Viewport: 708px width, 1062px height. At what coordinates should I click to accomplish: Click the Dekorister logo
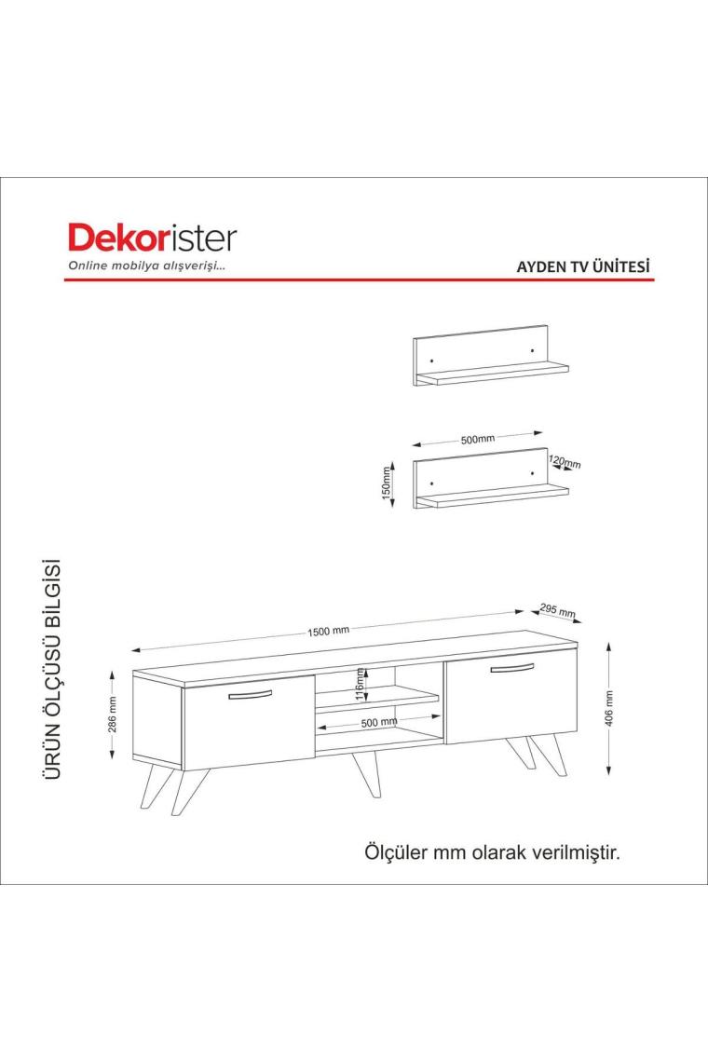click(x=153, y=238)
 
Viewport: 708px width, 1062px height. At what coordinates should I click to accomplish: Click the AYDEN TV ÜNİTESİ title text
click(x=583, y=265)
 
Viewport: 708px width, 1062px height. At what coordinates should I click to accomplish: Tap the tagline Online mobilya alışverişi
click(x=146, y=265)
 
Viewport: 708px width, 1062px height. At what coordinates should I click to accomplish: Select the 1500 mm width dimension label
click(x=329, y=631)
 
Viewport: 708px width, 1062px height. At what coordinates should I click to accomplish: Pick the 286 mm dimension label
click(x=112, y=714)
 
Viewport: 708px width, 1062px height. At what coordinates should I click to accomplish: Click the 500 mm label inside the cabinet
click(x=379, y=722)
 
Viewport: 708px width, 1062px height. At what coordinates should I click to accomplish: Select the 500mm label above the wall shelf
click(x=478, y=439)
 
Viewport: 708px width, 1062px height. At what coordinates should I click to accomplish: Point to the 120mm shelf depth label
click(x=565, y=462)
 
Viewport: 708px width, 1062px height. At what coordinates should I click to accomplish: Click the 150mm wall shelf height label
click(x=387, y=483)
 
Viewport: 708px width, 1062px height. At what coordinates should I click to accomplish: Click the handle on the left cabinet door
click(x=250, y=695)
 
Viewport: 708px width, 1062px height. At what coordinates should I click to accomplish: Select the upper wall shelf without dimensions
click(x=491, y=356)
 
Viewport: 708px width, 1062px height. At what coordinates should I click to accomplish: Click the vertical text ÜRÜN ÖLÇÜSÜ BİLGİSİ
click(x=53, y=669)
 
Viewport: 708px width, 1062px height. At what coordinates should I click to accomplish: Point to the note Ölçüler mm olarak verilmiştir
click(x=493, y=851)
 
